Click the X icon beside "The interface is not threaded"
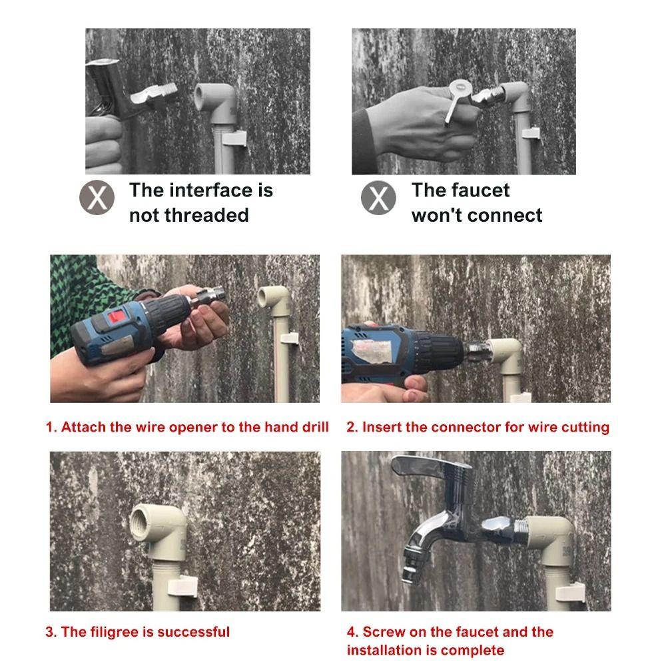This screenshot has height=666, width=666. tap(97, 198)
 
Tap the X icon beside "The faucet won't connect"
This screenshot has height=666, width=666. tap(378, 198)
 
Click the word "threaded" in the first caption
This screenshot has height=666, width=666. tap(206, 215)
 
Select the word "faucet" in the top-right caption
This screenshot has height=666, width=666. tap(484, 190)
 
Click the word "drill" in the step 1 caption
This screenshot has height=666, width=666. tap(316, 427)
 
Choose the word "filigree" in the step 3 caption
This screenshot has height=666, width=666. tap(115, 632)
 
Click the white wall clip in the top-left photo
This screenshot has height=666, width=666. tap(233, 139)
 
